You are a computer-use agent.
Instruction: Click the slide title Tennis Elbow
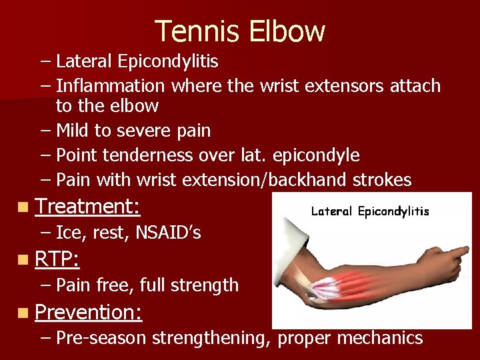[240, 31]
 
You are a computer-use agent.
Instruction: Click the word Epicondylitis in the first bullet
[167, 62]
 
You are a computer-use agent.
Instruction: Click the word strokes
[382, 181]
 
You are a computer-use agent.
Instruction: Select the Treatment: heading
[87, 207]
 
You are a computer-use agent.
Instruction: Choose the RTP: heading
[57, 259]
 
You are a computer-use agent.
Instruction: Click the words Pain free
[93, 285]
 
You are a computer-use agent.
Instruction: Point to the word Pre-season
[101, 338]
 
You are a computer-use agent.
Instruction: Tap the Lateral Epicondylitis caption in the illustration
[370, 212]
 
